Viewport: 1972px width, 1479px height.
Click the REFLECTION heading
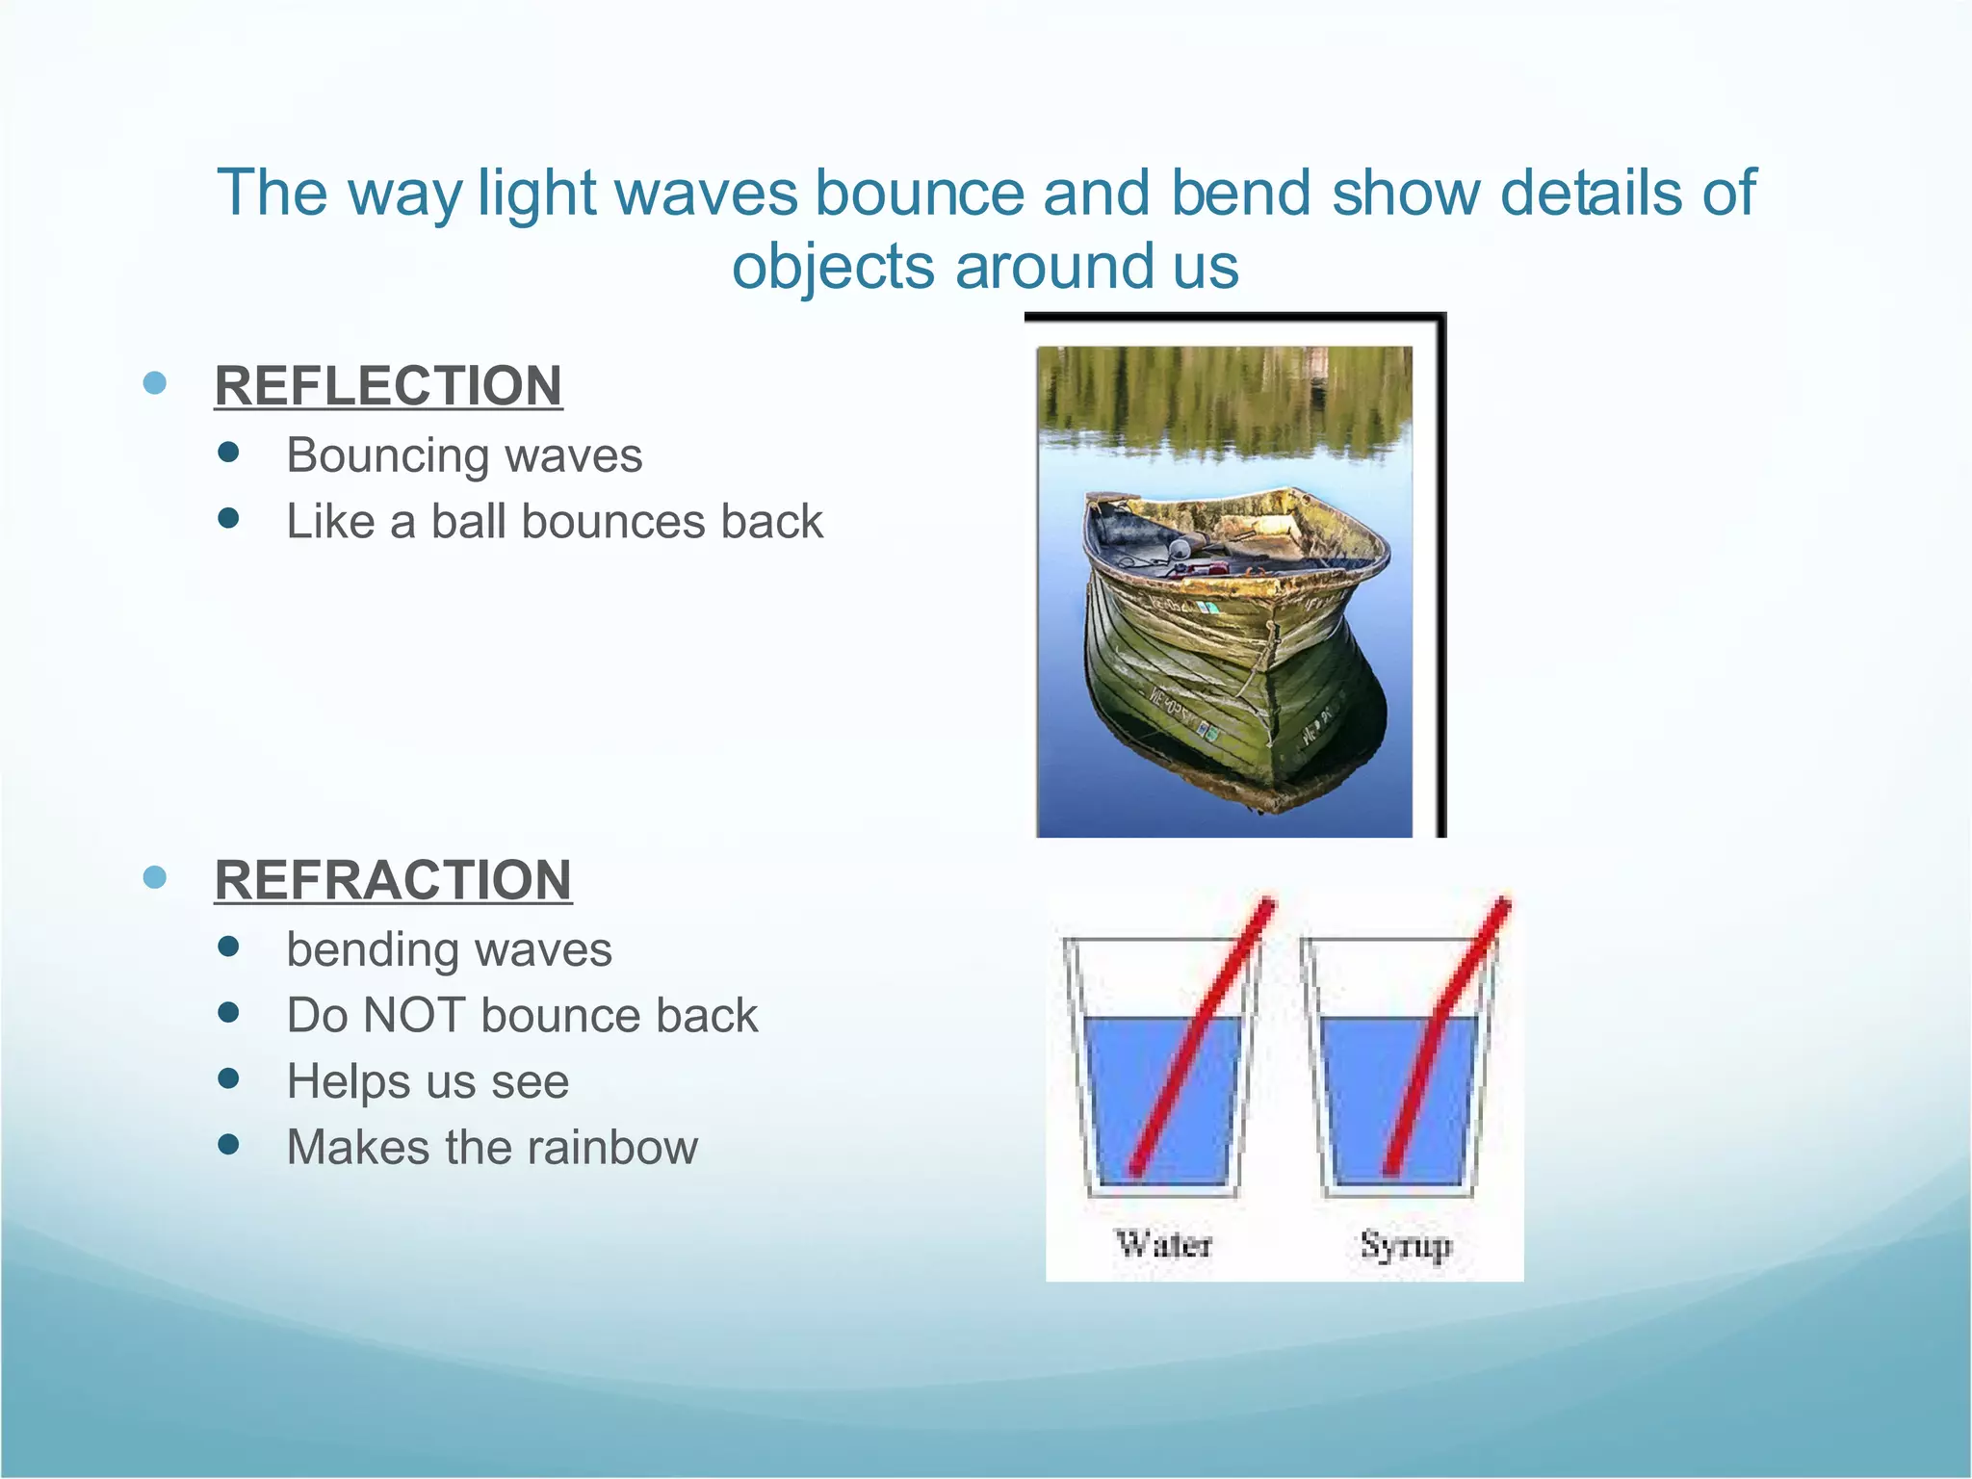click(x=388, y=386)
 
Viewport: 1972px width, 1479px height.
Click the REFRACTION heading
click(x=393, y=880)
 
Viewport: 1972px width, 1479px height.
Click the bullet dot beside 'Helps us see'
click(x=228, y=1078)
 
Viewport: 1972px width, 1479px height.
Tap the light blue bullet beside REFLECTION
click(x=154, y=383)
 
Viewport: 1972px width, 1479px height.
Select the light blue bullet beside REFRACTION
click(x=154, y=877)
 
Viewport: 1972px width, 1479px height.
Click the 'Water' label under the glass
click(x=1163, y=1244)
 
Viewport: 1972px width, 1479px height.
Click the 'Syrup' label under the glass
click(x=1405, y=1245)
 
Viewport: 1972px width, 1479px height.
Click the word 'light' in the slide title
click(x=537, y=193)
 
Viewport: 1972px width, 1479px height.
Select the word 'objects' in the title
click(x=833, y=267)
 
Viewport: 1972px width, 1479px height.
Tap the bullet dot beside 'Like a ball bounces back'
click(x=228, y=519)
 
